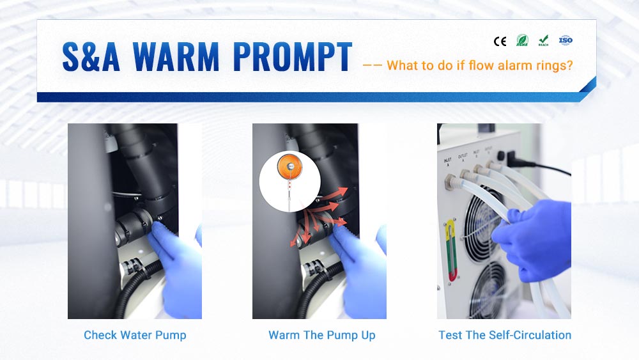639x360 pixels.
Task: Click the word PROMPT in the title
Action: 292,58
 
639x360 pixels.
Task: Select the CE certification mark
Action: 500,42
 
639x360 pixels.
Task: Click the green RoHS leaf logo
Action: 521,41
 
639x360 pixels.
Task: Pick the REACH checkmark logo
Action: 543,41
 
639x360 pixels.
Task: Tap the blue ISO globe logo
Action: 566,40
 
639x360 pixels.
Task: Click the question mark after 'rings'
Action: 569,65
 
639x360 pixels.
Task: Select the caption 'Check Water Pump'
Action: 135,335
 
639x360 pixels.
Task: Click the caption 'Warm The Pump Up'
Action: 322,335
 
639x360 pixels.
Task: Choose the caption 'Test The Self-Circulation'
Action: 505,335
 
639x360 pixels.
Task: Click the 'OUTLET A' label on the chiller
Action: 463,156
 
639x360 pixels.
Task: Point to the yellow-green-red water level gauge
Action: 451,249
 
